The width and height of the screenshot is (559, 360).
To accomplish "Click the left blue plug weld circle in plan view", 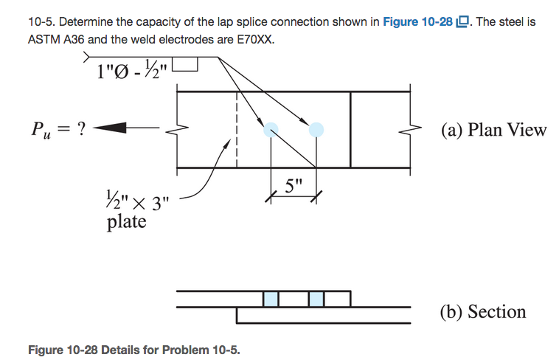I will (271, 130).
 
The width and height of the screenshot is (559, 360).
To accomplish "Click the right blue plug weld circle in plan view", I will (316, 130).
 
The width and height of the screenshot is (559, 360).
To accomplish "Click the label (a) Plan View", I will (493, 130).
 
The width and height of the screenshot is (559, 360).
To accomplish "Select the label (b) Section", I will (483, 311).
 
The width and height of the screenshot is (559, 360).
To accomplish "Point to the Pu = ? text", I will (57, 129).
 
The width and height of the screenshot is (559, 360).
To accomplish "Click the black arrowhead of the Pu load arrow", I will (105, 129).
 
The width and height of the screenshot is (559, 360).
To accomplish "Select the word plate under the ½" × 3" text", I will (126, 221).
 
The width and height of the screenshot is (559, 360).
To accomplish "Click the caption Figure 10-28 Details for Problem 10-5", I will (133, 348).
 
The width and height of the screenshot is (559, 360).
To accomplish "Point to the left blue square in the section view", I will (271, 299).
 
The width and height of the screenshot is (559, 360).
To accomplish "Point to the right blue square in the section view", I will (316, 299).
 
